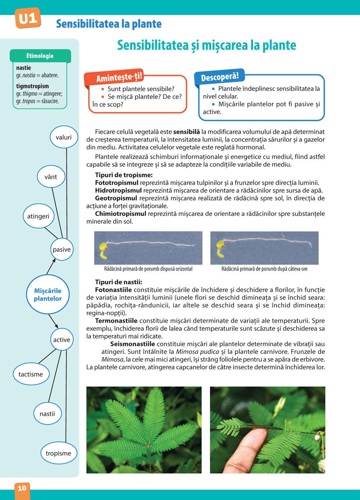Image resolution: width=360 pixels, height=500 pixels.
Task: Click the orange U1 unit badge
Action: click(x=28, y=18)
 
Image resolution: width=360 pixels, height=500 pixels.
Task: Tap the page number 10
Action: click(x=22, y=488)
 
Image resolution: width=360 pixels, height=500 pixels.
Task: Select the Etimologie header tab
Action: click(x=40, y=56)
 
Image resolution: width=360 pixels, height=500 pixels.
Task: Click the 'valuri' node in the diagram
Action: click(x=63, y=137)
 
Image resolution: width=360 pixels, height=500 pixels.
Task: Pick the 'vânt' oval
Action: click(x=51, y=177)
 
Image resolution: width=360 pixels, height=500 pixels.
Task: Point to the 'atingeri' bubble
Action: click(x=38, y=216)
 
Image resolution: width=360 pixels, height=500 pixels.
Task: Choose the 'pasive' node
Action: click(x=62, y=249)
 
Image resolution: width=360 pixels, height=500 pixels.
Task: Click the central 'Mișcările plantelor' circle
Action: click(x=48, y=295)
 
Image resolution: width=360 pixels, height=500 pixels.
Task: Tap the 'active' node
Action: click(x=62, y=340)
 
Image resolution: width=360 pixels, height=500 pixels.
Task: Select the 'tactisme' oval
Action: click(x=31, y=374)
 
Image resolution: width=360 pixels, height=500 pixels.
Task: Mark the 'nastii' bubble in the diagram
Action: click(x=47, y=414)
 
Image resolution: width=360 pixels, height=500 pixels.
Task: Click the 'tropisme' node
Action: click(x=58, y=453)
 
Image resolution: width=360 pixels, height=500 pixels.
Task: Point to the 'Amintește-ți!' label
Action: click(x=119, y=77)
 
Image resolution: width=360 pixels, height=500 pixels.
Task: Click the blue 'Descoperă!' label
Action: click(x=220, y=77)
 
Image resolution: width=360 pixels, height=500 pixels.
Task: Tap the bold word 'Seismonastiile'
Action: click(x=132, y=344)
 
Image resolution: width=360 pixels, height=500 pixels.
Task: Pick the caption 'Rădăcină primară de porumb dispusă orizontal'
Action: click(x=148, y=269)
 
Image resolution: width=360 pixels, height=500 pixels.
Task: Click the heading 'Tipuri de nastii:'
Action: click(x=118, y=282)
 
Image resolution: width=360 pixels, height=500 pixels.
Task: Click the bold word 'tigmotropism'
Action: click(x=32, y=86)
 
